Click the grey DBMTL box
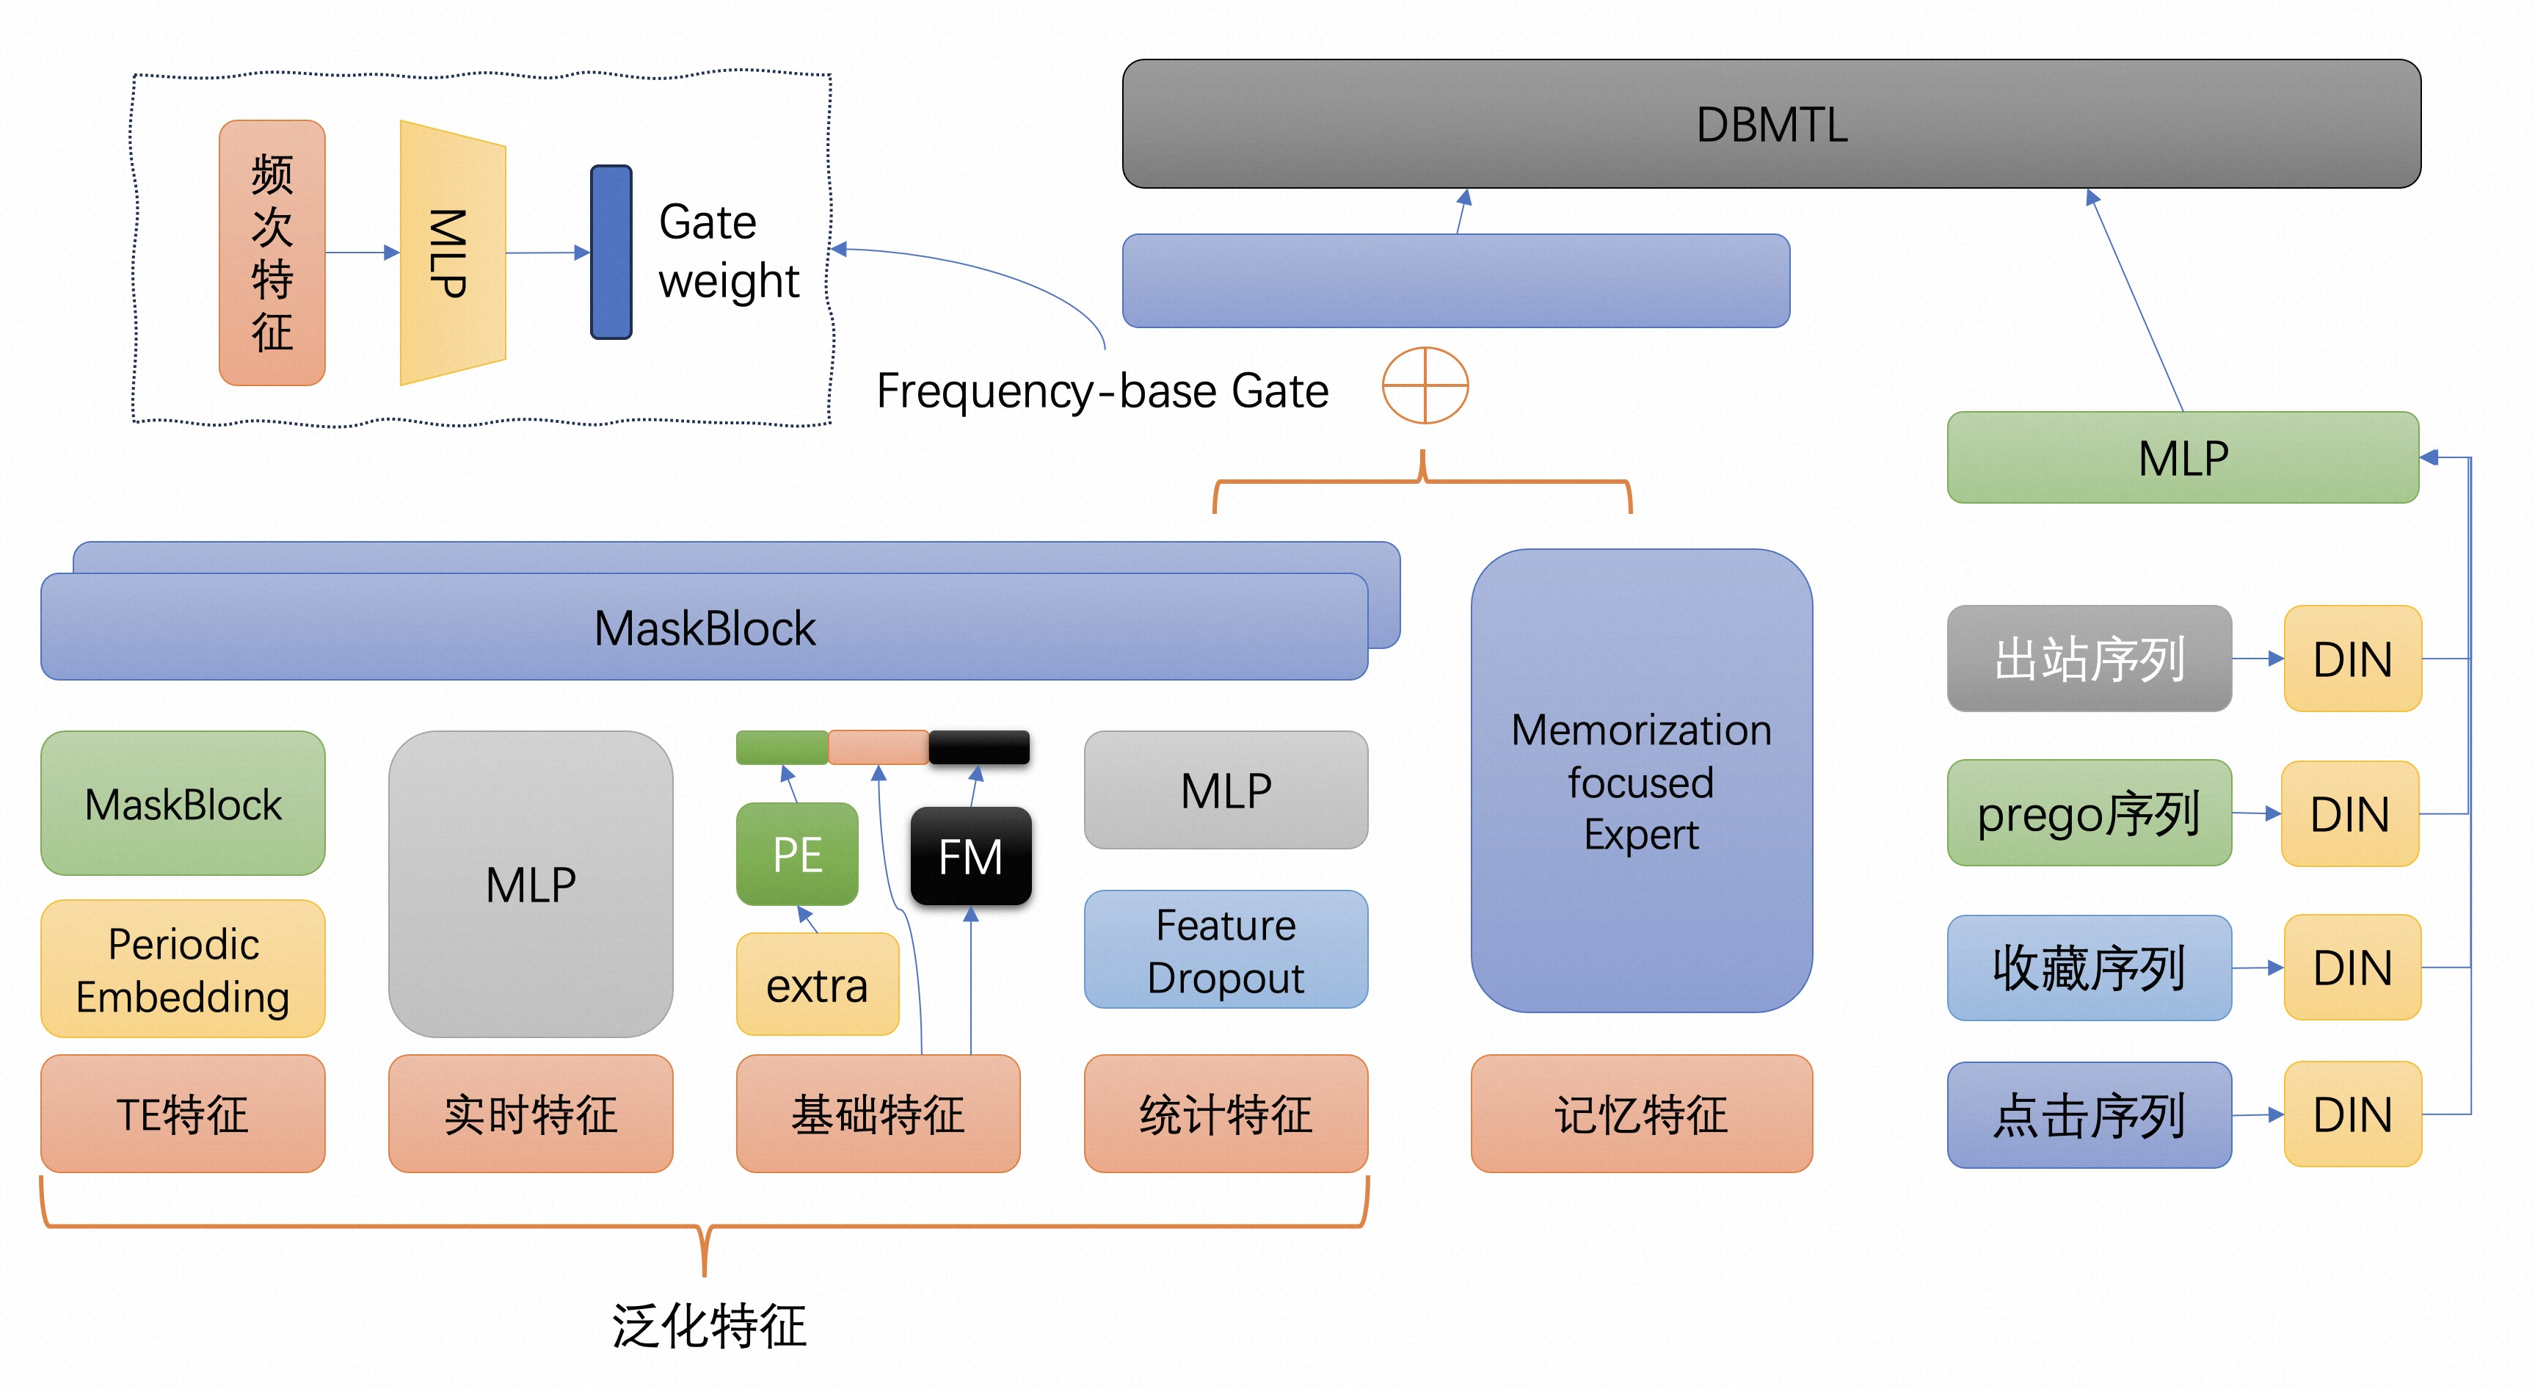(x=1772, y=124)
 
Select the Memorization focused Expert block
(x=1642, y=780)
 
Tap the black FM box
(x=970, y=855)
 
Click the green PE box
(x=797, y=854)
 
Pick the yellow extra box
(x=818, y=984)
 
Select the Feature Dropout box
(x=1226, y=950)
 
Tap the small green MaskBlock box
(x=183, y=803)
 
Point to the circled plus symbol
(x=1425, y=385)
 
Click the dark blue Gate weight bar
(x=611, y=252)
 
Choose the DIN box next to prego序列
(x=2350, y=814)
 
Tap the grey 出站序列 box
(x=2090, y=659)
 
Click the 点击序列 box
(x=2090, y=1115)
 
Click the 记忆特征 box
(x=1642, y=1114)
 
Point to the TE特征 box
(x=183, y=1114)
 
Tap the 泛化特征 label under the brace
(x=708, y=1326)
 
